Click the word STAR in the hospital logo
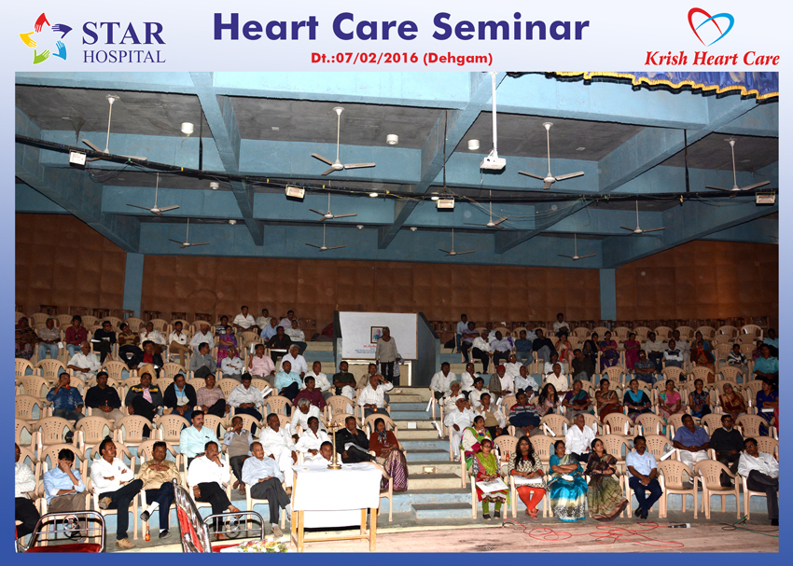tap(123, 34)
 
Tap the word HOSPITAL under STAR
tap(124, 56)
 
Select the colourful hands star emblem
tap(45, 38)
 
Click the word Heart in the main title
tap(267, 27)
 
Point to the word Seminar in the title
tap(511, 27)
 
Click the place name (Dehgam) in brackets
tap(458, 59)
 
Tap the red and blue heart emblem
tap(711, 26)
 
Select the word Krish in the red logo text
tap(666, 59)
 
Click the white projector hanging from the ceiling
tap(493, 163)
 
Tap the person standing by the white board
tap(386, 354)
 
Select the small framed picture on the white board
tap(376, 334)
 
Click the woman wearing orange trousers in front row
tap(527, 477)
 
